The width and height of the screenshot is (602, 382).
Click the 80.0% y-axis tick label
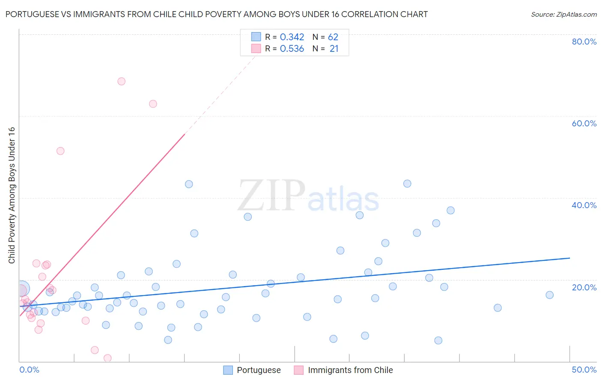584,42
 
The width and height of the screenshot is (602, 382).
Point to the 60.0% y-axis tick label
584,123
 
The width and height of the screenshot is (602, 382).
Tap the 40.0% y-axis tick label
584,205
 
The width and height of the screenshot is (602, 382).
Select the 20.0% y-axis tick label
584,287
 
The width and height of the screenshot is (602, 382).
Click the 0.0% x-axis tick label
29,370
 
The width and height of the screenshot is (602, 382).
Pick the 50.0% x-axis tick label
584,370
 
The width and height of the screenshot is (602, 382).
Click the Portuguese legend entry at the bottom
259,370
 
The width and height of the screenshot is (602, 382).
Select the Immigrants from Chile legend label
350,370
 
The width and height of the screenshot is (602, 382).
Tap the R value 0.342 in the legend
292,37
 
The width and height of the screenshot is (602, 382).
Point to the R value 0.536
292,49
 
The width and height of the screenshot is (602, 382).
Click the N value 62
333,37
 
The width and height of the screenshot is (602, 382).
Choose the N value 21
334,49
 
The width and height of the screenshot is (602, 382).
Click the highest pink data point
121,81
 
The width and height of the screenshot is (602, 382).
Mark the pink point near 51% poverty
60,151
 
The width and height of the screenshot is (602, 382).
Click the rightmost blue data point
549,295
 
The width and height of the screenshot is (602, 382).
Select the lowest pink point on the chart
107,358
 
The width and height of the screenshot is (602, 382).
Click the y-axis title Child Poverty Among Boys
12,195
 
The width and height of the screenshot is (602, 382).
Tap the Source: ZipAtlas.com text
563,15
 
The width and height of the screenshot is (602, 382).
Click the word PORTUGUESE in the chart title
32,15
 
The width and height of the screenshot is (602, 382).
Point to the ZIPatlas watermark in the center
308,196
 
